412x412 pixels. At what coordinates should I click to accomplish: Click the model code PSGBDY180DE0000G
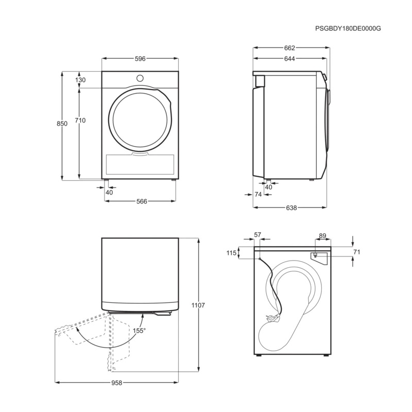pos(348,29)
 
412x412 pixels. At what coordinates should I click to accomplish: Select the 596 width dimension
pos(140,59)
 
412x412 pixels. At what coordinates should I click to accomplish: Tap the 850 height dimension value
pos(62,124)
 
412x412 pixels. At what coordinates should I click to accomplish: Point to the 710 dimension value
pos(80,121)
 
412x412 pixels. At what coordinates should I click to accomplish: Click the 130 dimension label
pos(80,80)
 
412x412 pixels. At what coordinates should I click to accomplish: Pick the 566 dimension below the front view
pos(141,201)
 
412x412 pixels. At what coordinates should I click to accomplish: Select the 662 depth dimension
pos(289,48)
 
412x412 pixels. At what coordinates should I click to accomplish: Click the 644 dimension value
pos(289,59)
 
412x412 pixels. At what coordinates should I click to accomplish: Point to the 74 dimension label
pos(259,194)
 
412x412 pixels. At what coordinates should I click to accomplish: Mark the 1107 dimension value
pos(198,305)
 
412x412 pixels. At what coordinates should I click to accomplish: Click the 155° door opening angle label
pos(140,331)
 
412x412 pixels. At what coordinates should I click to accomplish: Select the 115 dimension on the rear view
pos(231,253)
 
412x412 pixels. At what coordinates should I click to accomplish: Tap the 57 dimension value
pos(258,235)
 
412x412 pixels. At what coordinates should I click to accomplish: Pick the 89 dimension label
pos(322,236)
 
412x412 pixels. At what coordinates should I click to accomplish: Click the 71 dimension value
pos(356,252)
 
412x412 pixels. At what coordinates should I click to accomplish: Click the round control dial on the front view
pos(140,78)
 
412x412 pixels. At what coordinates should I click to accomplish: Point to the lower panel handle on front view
pos(140,153)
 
